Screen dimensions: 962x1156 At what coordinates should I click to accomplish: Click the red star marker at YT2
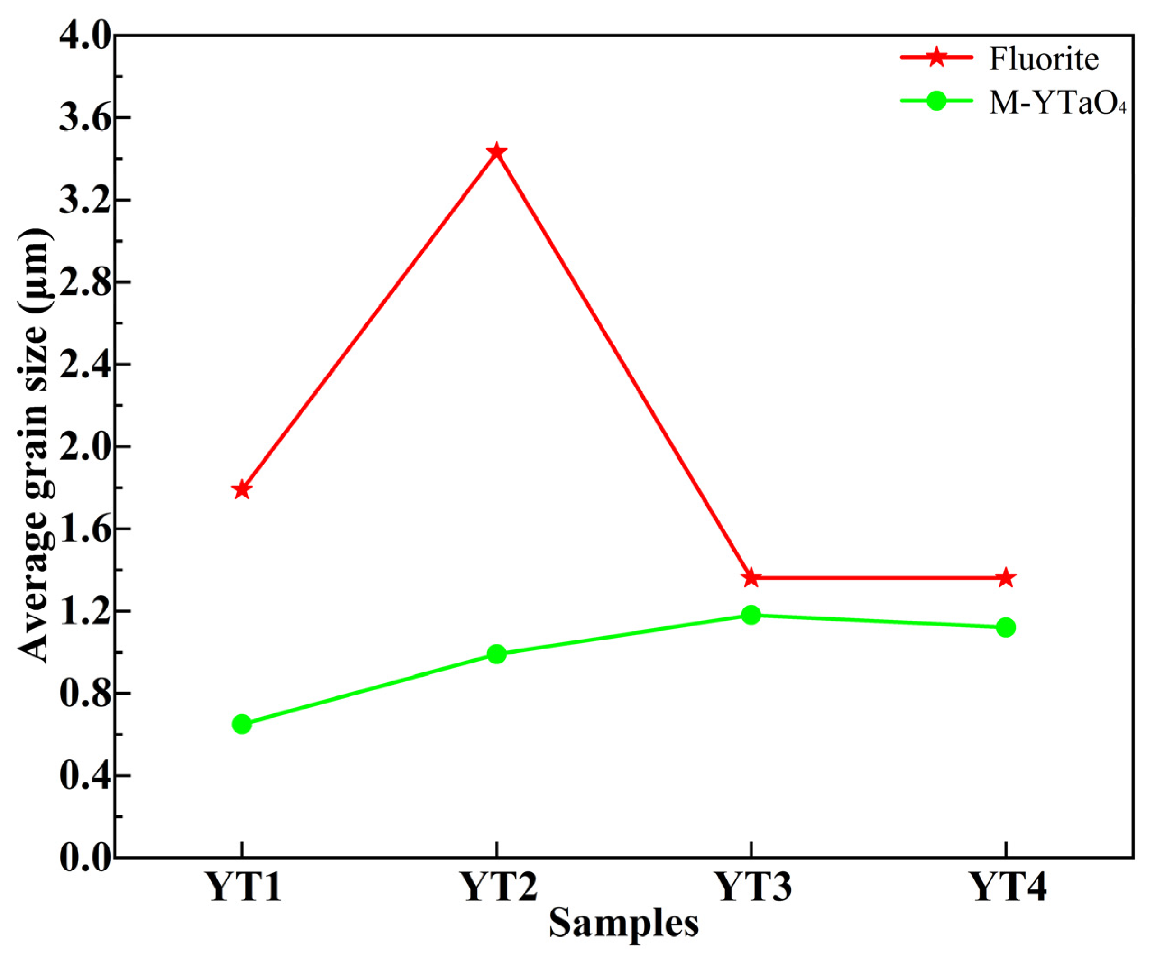(497, 152)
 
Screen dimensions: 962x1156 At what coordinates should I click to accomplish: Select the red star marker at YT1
(242, 489)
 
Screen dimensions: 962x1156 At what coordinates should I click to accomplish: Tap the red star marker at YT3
(751, 578)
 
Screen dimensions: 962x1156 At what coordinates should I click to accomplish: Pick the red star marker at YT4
(1006, 578)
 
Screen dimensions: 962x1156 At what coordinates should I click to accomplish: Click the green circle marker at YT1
(242, 724)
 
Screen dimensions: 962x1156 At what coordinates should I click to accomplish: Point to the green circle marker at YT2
(497, 654)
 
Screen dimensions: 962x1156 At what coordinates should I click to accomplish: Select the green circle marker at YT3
(751, 615)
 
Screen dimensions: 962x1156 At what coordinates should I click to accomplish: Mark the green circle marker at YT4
(1006, 627)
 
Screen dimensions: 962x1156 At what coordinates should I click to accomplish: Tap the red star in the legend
(936, 57)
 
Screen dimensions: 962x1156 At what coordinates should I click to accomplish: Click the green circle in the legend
(936, 101)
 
